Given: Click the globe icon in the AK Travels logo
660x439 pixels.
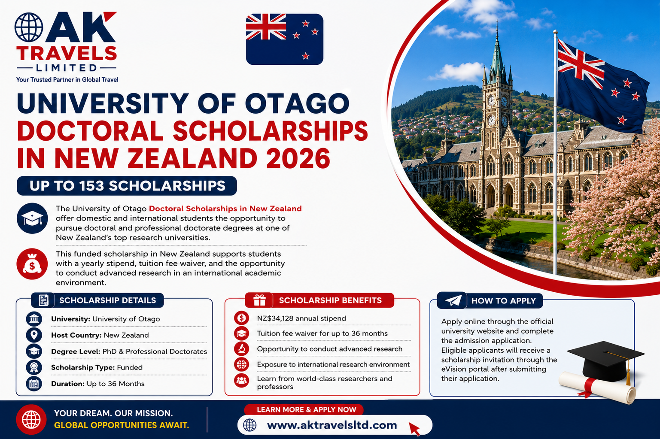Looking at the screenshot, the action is pos(29,27).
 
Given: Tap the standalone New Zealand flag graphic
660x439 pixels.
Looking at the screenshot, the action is pos(284,39).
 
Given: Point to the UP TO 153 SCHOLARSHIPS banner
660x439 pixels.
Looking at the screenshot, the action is pos(127,186).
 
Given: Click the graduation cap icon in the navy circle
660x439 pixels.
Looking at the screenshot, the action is pos(32,218).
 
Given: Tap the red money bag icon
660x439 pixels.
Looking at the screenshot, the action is pos(32,264).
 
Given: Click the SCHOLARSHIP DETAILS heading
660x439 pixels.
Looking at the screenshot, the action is pos(107,300).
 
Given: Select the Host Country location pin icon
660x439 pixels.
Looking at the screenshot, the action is pos(34,335).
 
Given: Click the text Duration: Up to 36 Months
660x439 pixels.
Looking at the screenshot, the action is pos(98,384).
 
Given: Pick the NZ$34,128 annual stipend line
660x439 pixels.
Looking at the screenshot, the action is pos(301,318).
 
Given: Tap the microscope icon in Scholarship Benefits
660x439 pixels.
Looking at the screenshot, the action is pos(242,349).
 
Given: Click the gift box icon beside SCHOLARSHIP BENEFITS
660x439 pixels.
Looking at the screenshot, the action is pos(259,300).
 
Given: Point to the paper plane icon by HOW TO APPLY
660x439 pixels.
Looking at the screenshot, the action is pos(453,301).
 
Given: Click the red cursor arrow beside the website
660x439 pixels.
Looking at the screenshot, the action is pos(414,429).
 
